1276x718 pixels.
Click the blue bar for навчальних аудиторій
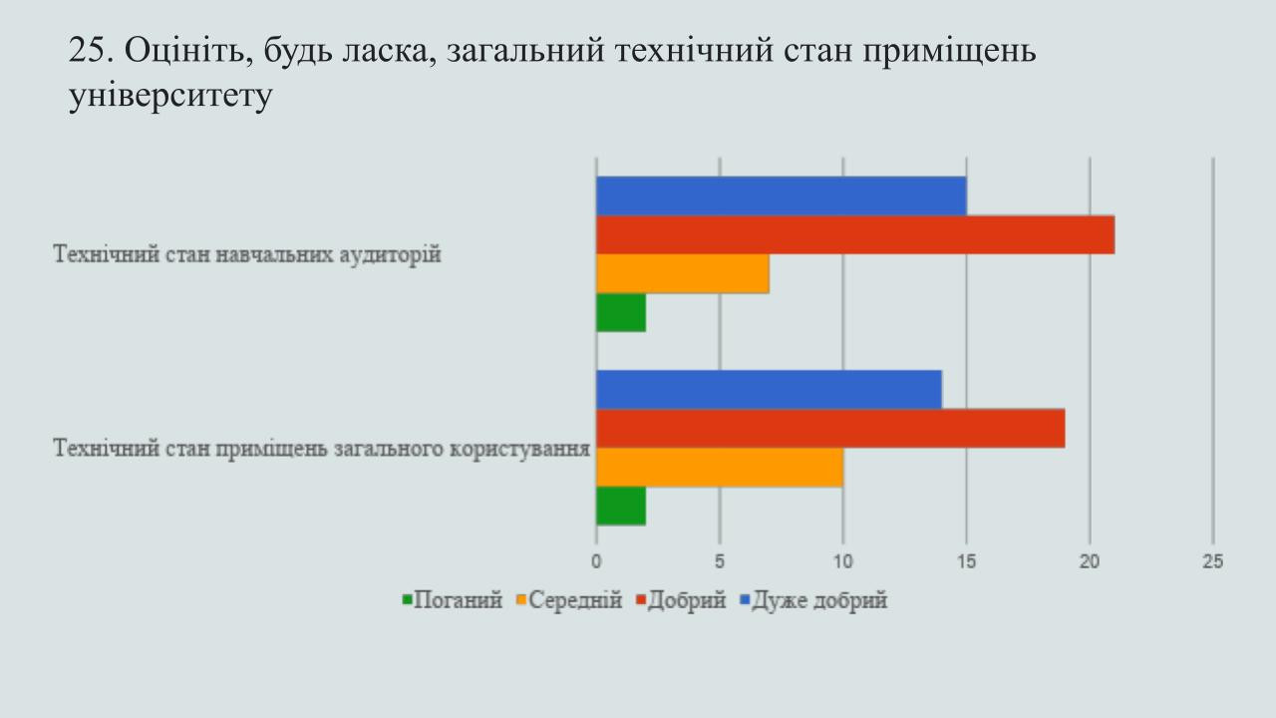[x=782, y=196]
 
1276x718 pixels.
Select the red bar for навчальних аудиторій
[x=855, y=234]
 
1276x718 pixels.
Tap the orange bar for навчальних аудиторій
[x=683, y=273]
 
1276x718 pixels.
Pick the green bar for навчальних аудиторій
[x=621, y=312]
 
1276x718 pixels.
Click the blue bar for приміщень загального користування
[x=769, y=390]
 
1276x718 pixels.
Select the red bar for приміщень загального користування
[x=830, y=429]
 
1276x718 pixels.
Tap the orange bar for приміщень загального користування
[x=720, y=468]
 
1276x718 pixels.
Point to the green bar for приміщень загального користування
[x=621, y=506]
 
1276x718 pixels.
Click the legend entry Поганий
[x=453, y=600]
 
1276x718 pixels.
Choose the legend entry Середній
[x=569, y=600]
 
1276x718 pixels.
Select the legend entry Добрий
[x=681, y=600]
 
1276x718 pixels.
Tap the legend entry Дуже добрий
[x=813, y=600]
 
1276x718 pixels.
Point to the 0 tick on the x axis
[x=596, y=561]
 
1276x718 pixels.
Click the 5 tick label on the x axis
[x=720, y=561]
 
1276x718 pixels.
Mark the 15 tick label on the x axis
[x=966, y=561]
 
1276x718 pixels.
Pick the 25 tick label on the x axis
[x=1213, y=561]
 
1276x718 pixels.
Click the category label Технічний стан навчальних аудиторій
[x=247, y=254]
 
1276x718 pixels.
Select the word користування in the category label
[x=519, y=449]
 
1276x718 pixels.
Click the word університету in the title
[x=170, y=96]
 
